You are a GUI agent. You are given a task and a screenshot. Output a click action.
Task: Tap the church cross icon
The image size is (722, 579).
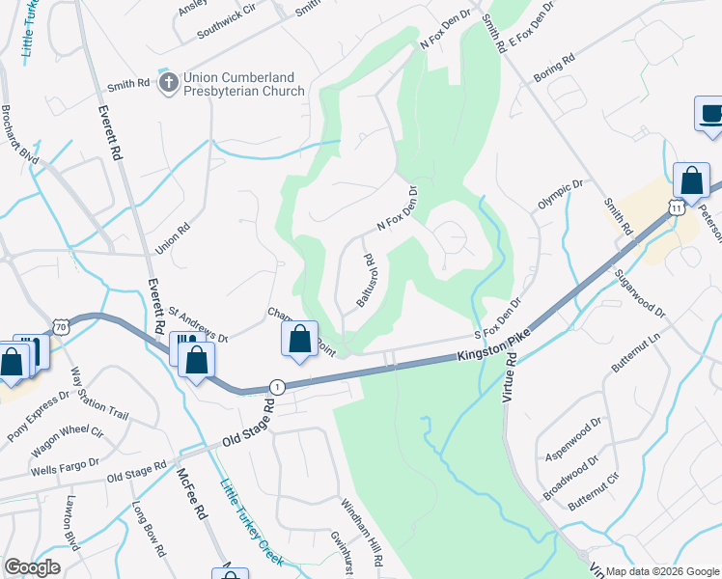[x=168, y=83]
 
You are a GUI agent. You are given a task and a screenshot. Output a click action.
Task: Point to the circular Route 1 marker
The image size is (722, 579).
[x=277, y=385]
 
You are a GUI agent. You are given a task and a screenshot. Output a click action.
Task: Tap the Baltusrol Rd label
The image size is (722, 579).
[x=365, y=281]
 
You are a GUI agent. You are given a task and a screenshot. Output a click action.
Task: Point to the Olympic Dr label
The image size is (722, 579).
[x=561, y=195]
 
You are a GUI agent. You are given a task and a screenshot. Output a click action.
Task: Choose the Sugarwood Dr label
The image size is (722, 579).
[x=640, y=293]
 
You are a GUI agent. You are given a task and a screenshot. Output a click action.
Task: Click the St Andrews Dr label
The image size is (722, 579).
[x=197, y=325]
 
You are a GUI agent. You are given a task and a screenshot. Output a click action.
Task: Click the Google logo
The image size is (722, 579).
[x=33, y=567]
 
